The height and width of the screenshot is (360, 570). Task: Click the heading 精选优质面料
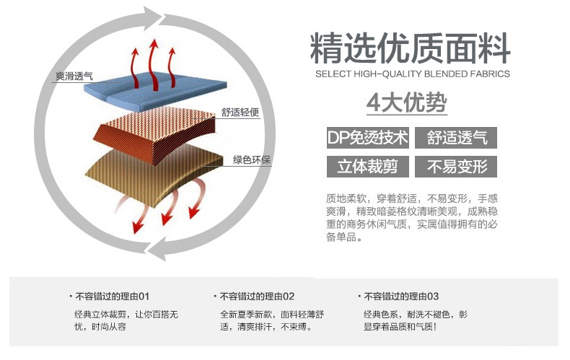(x=410, y=48)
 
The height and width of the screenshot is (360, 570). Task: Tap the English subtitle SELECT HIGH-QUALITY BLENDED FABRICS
(x=413, y=74)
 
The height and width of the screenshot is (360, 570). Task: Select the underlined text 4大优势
(x=407, y=103)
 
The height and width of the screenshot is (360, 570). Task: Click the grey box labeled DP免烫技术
(x=368, y=138)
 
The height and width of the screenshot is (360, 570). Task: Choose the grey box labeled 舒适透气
(x=456, y=138)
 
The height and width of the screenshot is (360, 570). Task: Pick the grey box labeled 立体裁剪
(x=368, y=167)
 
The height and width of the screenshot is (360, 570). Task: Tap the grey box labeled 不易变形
(x=456, y=167)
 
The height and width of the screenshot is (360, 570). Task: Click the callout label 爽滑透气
(x=74, y=76)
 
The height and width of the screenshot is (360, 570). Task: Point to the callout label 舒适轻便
(x=240, y=113)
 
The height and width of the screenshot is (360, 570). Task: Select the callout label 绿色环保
(x=252, y=159)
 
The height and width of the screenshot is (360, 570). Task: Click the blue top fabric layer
(x=156, y=91)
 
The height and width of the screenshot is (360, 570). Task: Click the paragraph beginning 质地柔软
(x=412, y=218)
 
